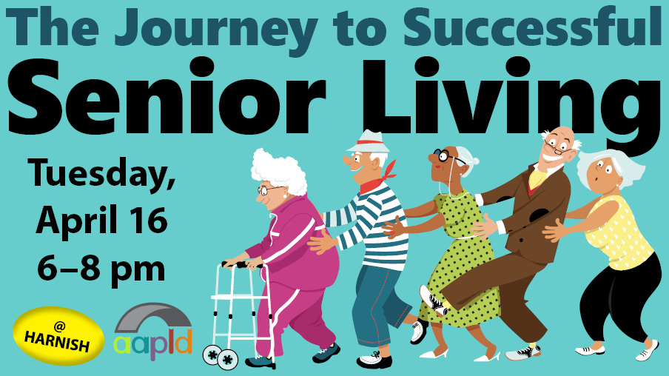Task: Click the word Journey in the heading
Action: pos(216,28)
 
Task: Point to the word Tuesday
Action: pos(101,175)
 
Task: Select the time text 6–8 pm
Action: pos(101,269)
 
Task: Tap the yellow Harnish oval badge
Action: pos(58,336)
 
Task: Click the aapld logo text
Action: pos(153,344)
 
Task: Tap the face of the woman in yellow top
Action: pos(602,174)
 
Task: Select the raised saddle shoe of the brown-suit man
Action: pos(433,301)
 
